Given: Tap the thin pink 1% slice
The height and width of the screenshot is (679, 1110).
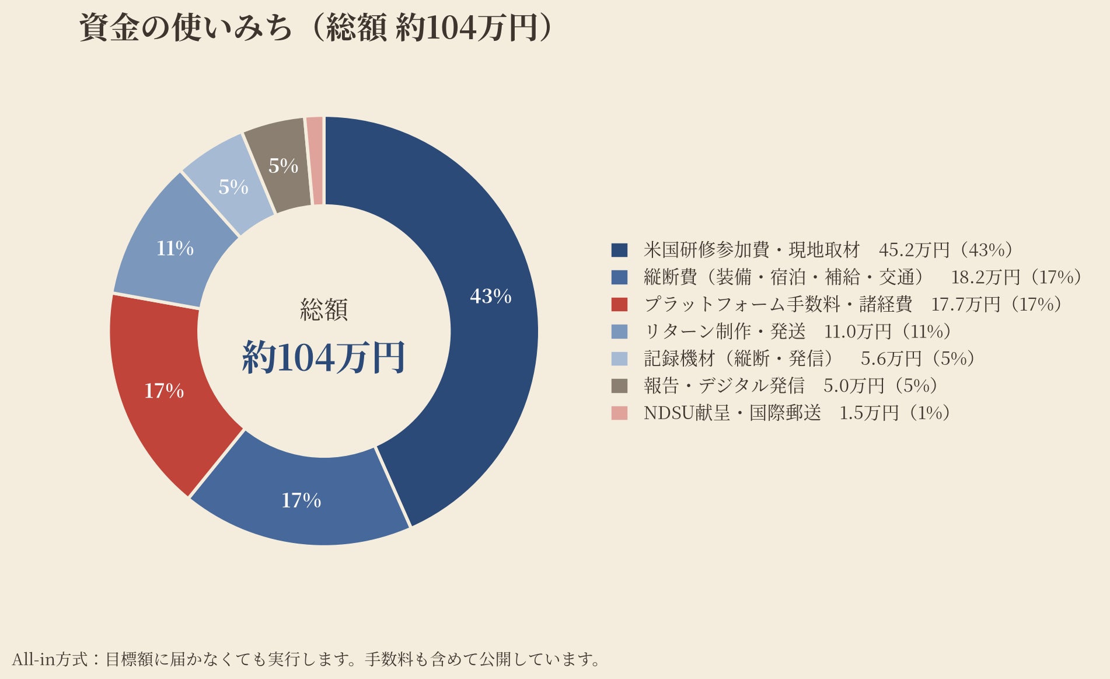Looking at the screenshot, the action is pyautogui.click(x=315, y=161).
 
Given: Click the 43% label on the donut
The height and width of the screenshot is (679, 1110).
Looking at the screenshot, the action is pyautogui.click(x=491, y=297).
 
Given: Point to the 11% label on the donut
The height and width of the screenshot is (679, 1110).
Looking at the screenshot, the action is pyautogui.click(x=174, y=249).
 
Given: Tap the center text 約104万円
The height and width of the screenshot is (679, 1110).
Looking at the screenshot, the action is pyautogui.click(x=324, y=357).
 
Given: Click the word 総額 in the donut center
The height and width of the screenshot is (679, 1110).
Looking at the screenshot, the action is pyautogui.click(x=324, y=309).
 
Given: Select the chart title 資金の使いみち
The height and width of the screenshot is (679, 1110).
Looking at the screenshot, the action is pyautogui.click(x=186, y=28).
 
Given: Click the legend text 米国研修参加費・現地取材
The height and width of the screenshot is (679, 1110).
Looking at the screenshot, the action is pyautogui.click(x=752, y=250).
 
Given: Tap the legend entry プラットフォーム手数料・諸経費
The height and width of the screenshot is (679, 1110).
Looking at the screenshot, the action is pyautogui.click(x=778, y=304).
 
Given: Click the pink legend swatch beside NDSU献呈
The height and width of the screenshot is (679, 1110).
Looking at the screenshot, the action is pyautogui.click(x=619, y=413).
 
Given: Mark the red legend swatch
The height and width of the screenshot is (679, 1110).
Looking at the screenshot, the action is pyautogui.click(x=619, y=304).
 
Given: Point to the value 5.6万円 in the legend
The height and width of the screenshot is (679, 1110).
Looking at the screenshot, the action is pyautogui.click(x=891, y=358).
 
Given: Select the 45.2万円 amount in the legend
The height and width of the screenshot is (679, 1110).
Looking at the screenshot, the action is pyautogui.click(x=914, y=250).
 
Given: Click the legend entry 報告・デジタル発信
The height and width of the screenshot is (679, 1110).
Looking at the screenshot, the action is pyautogui.click(x=724, y=385).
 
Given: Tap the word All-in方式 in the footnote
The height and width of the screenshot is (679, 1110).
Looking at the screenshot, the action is pyautogui.click(x=50, y=659).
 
